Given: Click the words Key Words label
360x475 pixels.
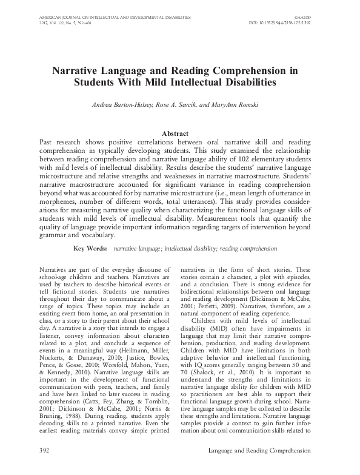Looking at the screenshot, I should (x=90, y=249).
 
